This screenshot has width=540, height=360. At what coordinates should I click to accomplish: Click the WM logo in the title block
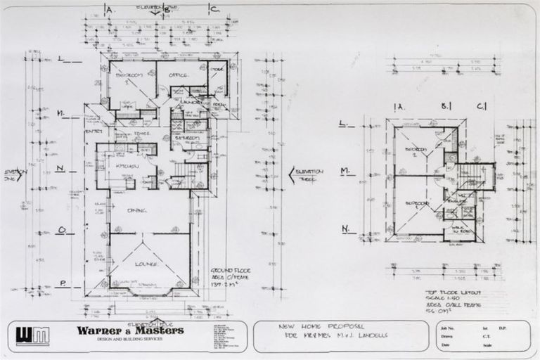coord(33,336)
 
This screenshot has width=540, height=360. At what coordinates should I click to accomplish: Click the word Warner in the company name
coord(101,330)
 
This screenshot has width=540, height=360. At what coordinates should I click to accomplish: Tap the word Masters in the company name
coord(161,330)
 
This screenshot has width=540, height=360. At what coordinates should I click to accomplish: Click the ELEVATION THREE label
coord(308,174)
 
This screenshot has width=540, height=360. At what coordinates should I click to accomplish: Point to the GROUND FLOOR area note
coord(231,276)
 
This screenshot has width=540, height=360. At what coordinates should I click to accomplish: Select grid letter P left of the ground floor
coord(62,283)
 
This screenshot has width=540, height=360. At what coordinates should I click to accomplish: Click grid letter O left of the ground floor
coord(62,229)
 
